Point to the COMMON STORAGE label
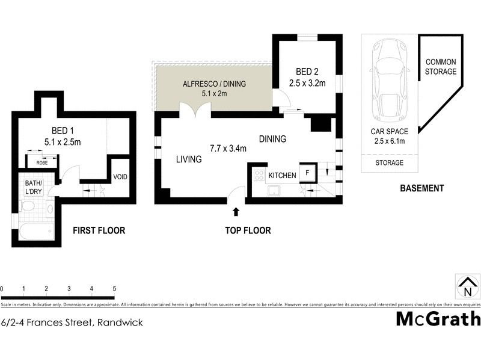pos(441,66)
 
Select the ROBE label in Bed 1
pos(42,162)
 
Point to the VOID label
pos(120,177)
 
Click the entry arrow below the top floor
pos(236,212)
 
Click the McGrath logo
pos(438,318)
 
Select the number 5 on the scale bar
pos(114,289)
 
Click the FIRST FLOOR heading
pos(99,230)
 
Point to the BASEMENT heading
pos(421,188)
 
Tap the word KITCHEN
pos(282,175)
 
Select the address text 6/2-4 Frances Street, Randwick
pos(72,322)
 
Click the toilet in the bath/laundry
pos(28,206)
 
